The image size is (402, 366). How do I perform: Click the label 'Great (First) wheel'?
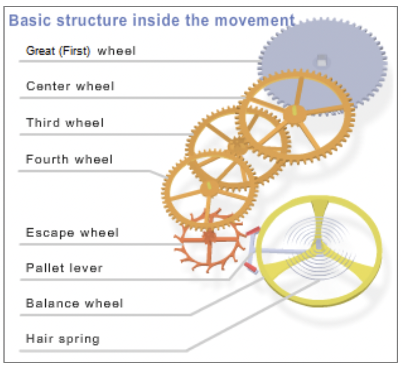coord(81,51)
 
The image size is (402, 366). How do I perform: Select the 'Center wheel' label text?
coord(70,86)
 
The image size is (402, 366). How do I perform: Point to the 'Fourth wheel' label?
coord(69,159)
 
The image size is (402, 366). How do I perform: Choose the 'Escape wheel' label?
coord(72,233)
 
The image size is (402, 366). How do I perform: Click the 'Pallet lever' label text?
coord(64,268)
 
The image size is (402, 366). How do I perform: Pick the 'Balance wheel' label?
coord(75,303)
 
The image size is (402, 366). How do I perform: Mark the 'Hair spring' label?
coord(63,339)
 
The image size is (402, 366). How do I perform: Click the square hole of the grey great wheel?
coord(321,61)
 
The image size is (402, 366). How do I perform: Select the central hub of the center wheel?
coord(295,112)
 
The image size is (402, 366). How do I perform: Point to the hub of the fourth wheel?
coord(209,186)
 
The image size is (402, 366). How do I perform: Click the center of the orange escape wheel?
coord(209,237)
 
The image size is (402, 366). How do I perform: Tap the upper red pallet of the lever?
coord(254,231)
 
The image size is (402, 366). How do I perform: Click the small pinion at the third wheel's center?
coord(238,146)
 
